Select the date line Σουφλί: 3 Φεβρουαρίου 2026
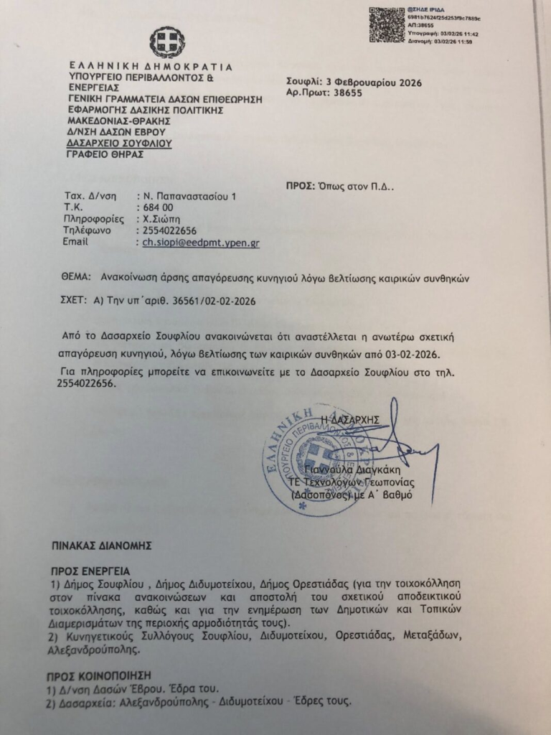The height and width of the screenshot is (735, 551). pos(354,83)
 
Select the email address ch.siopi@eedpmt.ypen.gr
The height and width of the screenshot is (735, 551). pos(201,243)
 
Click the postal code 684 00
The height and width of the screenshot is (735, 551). pos(154,207)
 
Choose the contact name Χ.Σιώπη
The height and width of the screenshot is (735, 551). pos(161,220)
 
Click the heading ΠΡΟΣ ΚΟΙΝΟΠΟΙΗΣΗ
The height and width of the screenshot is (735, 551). pos(100,676)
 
